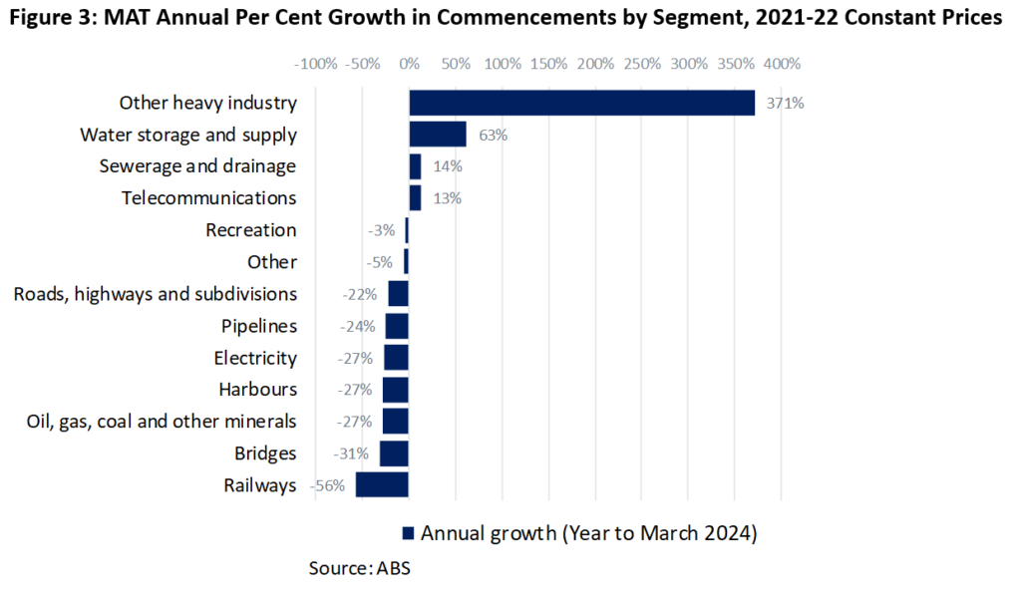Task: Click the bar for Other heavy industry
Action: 582,103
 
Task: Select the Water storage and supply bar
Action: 438,135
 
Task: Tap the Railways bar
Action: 382,485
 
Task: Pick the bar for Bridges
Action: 394,453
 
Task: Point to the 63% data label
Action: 493,135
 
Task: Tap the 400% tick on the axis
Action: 782,64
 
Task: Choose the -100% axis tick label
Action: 315,64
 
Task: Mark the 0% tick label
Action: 409,64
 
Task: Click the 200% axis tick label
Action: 595,64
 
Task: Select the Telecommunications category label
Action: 208,198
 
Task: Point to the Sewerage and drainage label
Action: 197,166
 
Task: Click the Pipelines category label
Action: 259,326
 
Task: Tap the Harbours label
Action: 257,390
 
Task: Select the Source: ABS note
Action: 360,569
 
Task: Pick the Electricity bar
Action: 396,358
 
